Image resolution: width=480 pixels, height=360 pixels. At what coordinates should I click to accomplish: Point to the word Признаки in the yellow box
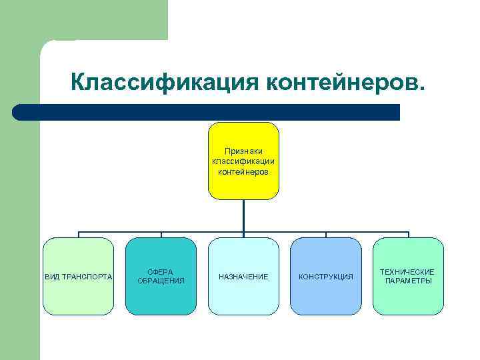(243, 151)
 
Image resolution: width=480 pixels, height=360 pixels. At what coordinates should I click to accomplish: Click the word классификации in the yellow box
(243, 161)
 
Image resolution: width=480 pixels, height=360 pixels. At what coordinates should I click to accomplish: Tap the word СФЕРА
(161, 272)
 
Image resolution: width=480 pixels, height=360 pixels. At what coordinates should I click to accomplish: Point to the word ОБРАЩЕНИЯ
(161, 281)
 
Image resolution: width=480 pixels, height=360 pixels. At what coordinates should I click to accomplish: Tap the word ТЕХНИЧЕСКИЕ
(408, 272)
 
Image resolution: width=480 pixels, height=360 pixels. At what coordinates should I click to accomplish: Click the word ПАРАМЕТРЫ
(408, 281)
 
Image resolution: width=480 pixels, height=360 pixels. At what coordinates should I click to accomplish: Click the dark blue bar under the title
(207, 112)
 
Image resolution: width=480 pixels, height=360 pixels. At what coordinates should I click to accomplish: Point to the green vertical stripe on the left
(20, 200)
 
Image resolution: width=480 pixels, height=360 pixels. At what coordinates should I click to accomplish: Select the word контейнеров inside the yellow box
(243, 171)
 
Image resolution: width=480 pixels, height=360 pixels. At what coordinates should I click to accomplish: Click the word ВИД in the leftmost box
(51, 277)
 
